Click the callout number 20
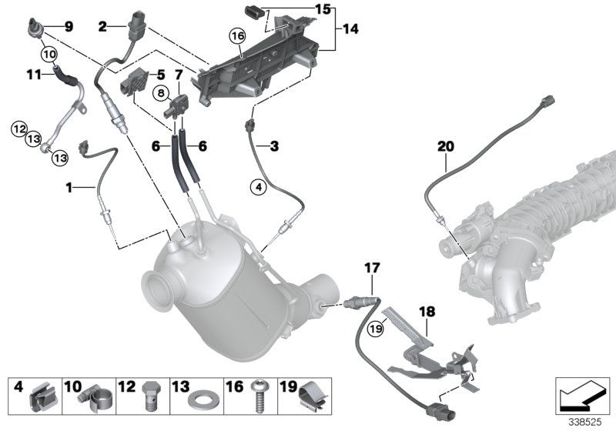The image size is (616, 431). [x=446, y=145]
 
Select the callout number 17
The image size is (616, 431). [x=372, y=267]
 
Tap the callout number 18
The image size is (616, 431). [x=427, y=312]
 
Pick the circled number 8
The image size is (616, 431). [x=163, y=93]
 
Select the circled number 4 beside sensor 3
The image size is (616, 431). [x=259, y=185]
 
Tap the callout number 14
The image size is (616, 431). [x=350, y=30]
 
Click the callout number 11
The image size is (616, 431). [x=33, y=74]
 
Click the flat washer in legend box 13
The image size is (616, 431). [x=205, y=400]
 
